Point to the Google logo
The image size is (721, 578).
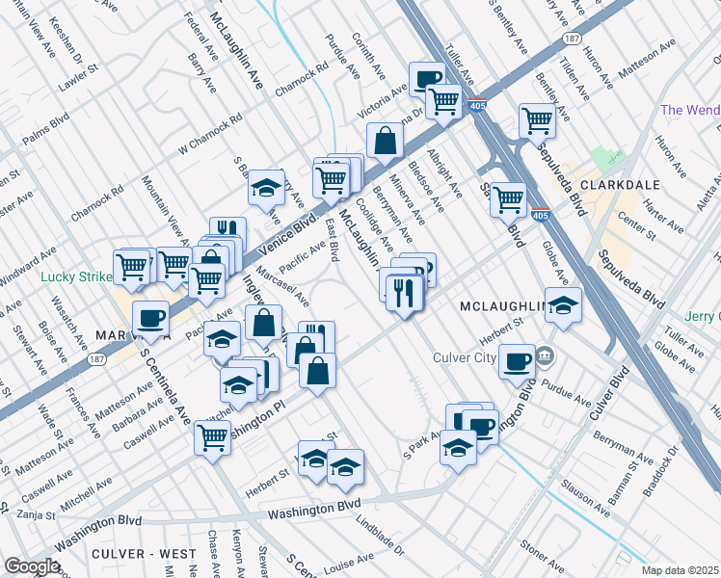(x=31, y=566)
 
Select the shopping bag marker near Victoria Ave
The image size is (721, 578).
(x=385, y=141)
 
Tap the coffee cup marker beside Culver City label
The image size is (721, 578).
(x=518, y=361)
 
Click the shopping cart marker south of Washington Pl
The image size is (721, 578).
(x=212, y=436)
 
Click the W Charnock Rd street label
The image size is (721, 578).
(x=207, y=138)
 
